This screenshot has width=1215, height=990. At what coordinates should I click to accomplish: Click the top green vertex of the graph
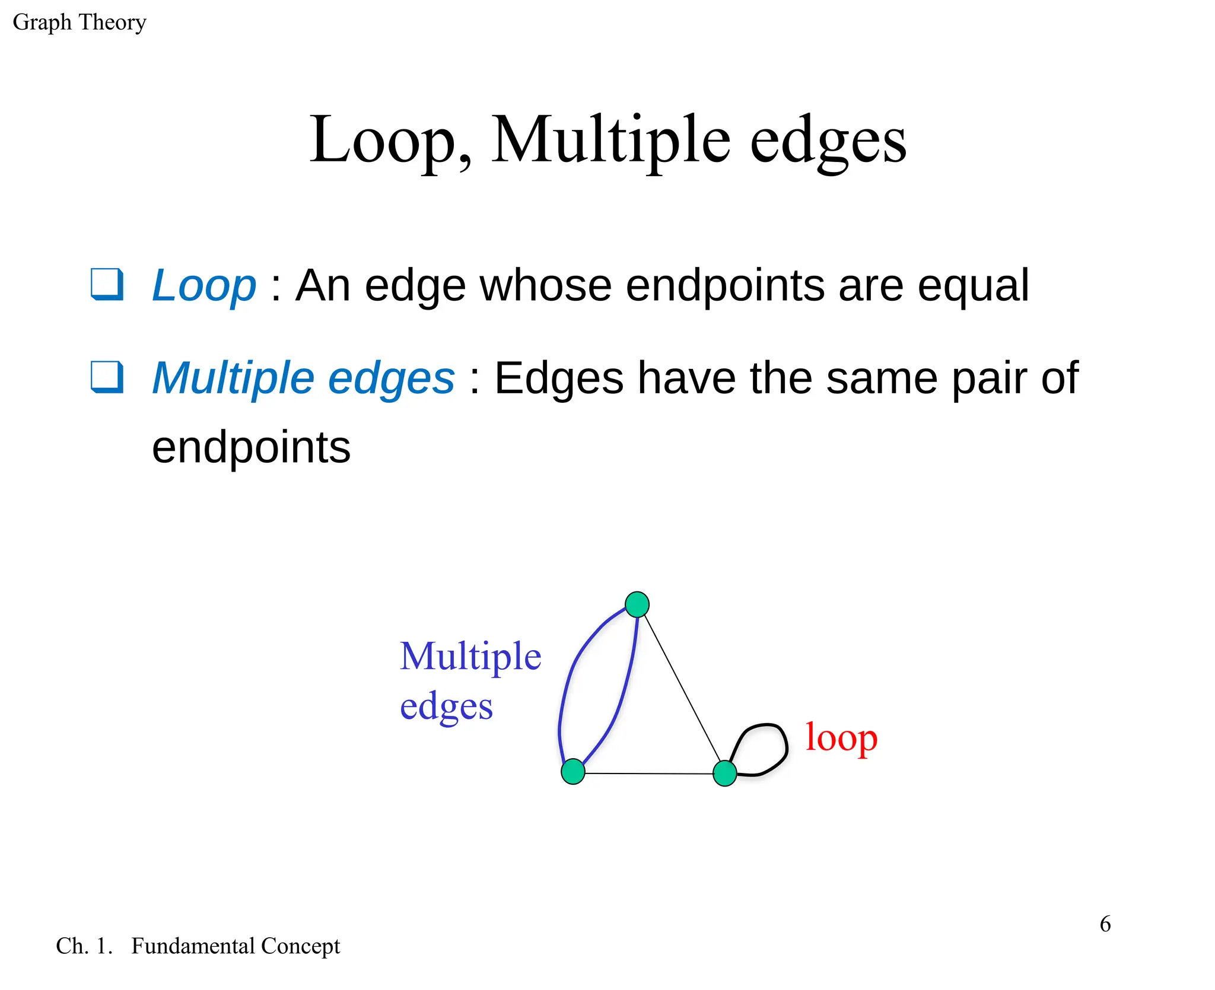[x=637, y=604]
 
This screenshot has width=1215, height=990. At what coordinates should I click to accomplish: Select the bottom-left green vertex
[x=572, y=771]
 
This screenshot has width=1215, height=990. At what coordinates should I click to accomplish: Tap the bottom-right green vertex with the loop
[x=724, y=773]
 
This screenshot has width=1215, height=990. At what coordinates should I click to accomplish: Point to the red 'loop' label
[x=841, y=738]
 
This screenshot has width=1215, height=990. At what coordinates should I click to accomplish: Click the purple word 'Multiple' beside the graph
[x=470, y=657]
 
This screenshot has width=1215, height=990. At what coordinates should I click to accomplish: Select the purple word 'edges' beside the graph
[x=446, y=707]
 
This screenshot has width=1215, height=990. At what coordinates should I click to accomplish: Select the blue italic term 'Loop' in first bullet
[x=203, y=285]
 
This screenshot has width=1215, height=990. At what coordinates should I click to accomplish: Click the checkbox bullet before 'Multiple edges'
[x=107, y=377]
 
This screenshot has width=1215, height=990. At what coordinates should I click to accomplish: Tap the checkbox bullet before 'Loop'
[x=107, y=284]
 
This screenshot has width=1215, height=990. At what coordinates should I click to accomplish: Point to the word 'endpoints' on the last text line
[x=251, y=448]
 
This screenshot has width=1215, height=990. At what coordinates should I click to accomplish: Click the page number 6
[x=1105, y=924]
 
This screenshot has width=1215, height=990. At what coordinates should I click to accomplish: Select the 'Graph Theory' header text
[x=79, y=23]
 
